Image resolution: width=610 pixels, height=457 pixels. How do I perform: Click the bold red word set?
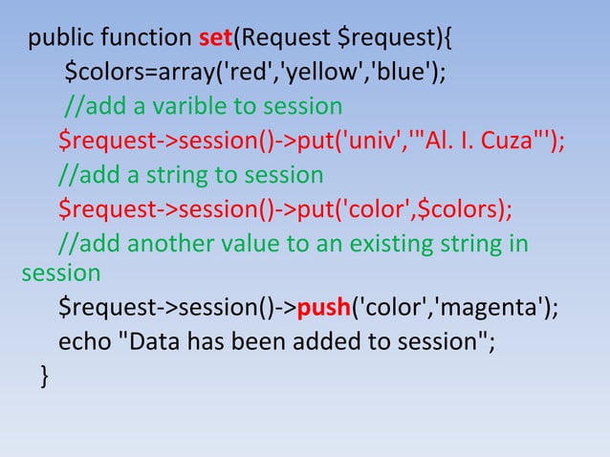tap(216, 40)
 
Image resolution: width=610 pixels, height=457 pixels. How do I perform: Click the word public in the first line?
tap(61, 40)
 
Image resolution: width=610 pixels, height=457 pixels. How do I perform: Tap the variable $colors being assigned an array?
tap(102, 74)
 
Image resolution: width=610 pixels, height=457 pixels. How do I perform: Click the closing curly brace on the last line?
tap(42, 376)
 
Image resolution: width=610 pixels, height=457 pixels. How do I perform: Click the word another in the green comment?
tap(169, 242)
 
